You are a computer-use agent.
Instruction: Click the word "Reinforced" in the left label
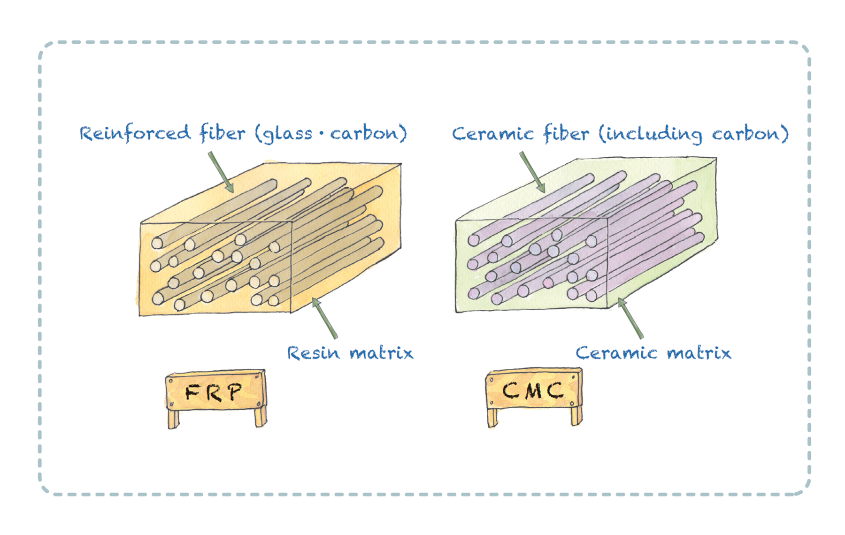point(135,133)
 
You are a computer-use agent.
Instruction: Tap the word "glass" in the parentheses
point(286,134)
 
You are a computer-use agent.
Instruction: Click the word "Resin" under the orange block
point(313,353)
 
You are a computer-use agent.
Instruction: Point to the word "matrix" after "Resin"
point(382,353)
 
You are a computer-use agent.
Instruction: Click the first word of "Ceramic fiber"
point(493,134)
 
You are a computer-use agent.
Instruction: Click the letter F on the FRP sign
point(192,392)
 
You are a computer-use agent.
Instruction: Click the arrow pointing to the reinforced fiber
point(221,172)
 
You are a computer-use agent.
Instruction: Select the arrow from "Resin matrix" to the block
point(325,318)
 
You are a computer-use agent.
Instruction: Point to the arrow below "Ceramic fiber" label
point(532,172)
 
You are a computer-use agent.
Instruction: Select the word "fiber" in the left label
point(222,133)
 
